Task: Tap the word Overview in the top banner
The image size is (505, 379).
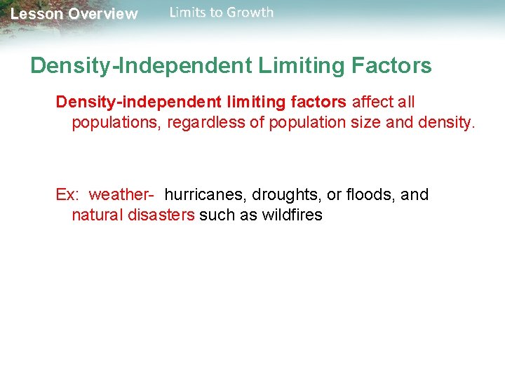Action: pyautogui.click(x=103, y=14)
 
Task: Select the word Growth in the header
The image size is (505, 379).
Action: pyautogui.click(x=250, y=13)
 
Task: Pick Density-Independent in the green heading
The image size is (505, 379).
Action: pyautogui.click(x=141, y=67)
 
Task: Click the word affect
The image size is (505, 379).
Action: pyautogui.click(x=374, y=102)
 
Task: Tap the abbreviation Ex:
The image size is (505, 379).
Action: pyautogui.click(x=68, y=195)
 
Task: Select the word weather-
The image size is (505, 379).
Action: pyautogui.click(x=121, y=195)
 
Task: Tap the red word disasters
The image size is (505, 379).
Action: pyautogui.click(x=161, y=215)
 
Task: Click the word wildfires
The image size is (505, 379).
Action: pyautogui.click(x=292, y=215)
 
